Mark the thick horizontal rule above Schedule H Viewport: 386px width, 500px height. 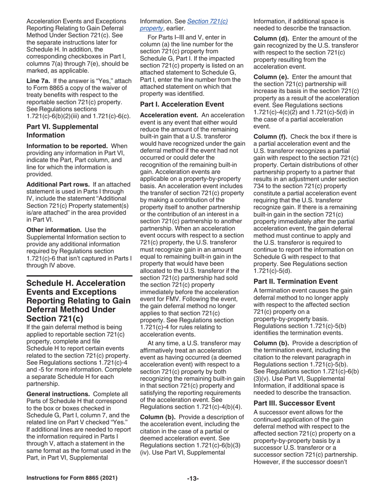[x=79, y=276]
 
